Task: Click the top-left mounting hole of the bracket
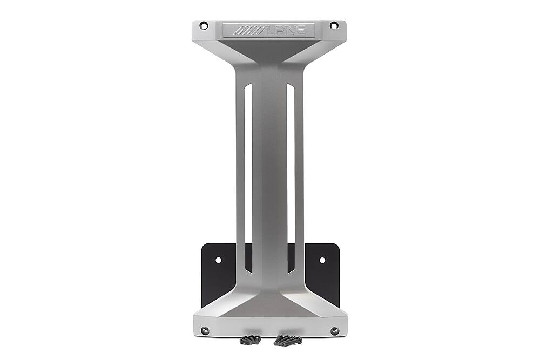click(204, 25)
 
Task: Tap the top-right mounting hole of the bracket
click(334, 25)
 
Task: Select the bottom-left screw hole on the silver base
click(205, 330)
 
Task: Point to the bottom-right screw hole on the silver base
click(334, 330)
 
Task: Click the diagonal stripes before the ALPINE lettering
click(246, 30)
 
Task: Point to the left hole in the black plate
click(218, 260)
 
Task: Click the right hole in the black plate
click(322, 260)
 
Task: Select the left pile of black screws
click(251, 339)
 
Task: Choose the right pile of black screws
click(286, 340)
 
